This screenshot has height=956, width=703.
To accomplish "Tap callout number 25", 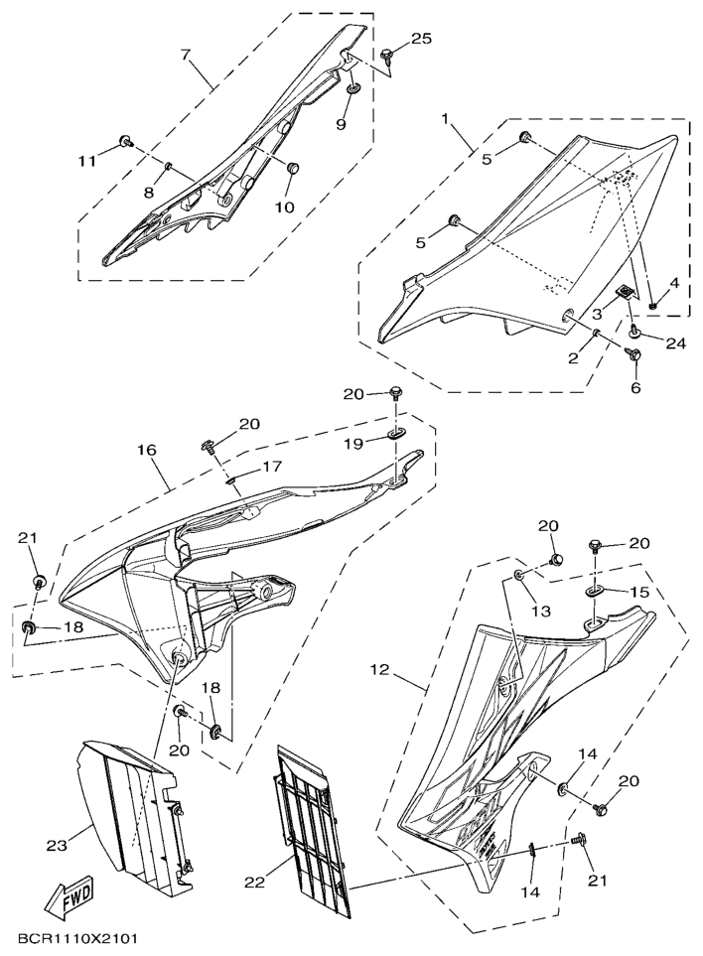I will pyautogui.click(x=421, y=39).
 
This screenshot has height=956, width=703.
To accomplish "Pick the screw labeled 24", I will pyautogui.click(x=634, y=331).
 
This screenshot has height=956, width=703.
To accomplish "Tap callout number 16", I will pyautogui.click(x=146, y=451).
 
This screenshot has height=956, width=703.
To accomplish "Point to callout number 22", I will pyautogui.click(x=255, y=881).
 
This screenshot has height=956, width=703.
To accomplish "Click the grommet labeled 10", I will pyautogui.click(x=293, y=166).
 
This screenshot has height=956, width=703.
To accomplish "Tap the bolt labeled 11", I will pyautogui.click(x=126, y=142).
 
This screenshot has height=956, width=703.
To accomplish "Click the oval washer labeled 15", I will pyautogui.click(x=594, y=592).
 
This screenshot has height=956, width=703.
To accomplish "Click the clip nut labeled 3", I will pyautogui.click(x=627, y=292).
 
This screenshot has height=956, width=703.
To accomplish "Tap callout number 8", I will pyautogui.click(x=149, y=193).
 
